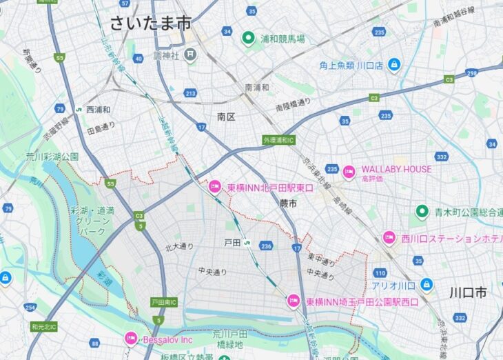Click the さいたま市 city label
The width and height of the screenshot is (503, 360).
[150, 22]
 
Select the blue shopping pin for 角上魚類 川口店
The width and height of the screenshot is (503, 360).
[393, 66]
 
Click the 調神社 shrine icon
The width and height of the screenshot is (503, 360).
[190, 54]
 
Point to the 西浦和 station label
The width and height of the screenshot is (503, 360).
[98, 110]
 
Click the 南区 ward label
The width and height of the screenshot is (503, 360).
[226, 117]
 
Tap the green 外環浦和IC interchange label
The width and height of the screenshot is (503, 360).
[278, 140]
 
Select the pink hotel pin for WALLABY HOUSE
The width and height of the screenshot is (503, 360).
[349, 170]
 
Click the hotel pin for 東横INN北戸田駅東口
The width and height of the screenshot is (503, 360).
[215, 187]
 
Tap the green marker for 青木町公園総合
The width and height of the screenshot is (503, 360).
[422, 211]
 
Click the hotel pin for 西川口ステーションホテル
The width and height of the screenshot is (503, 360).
[389, 238]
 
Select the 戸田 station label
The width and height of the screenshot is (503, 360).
[232, 243]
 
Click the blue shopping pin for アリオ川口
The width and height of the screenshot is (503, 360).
[427, 284]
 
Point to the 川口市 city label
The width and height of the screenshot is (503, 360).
[468, 292]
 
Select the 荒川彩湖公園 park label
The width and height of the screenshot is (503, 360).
[52, 157]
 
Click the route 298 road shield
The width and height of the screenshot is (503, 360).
[471, 72]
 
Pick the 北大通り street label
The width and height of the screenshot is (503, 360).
[179, 247]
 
